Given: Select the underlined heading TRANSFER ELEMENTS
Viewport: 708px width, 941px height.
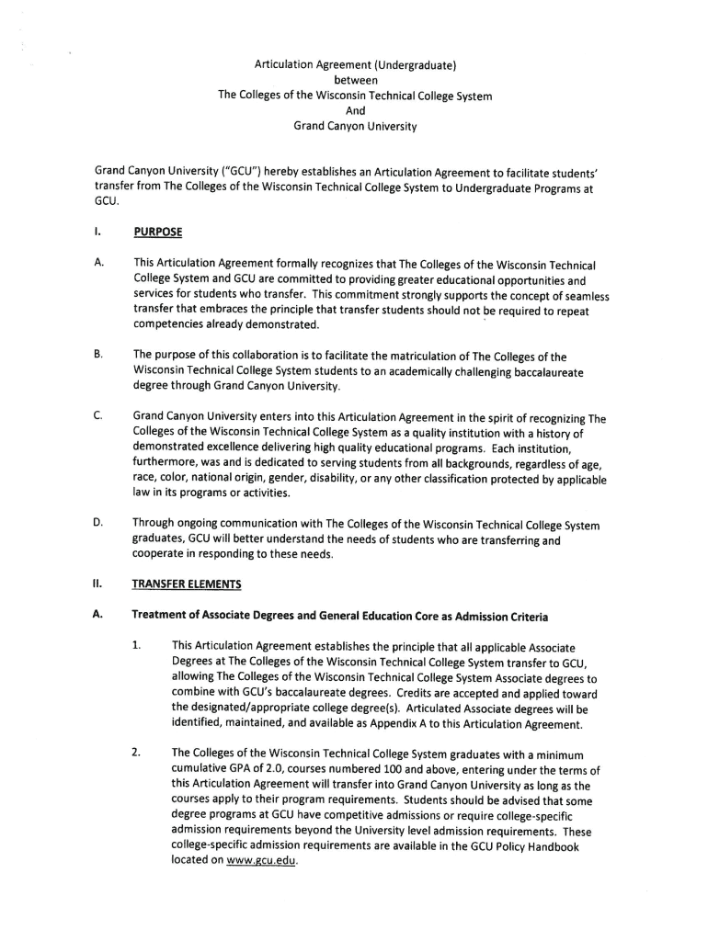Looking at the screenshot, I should pyautogui.click(x=187, y=583).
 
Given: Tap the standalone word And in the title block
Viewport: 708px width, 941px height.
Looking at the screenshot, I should pyautogui.click(x=355, y=111).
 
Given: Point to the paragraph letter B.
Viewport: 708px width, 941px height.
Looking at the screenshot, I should pyautogui.click(x=97, y=354).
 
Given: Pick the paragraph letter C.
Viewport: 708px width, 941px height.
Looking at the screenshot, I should pyautogui.click(x=97, y=416).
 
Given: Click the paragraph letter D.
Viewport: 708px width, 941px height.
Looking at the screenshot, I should pyautogui.click(x=97, y=525).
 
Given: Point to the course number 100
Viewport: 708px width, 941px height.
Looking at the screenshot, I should pyautogui.click(x=371, y=769).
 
